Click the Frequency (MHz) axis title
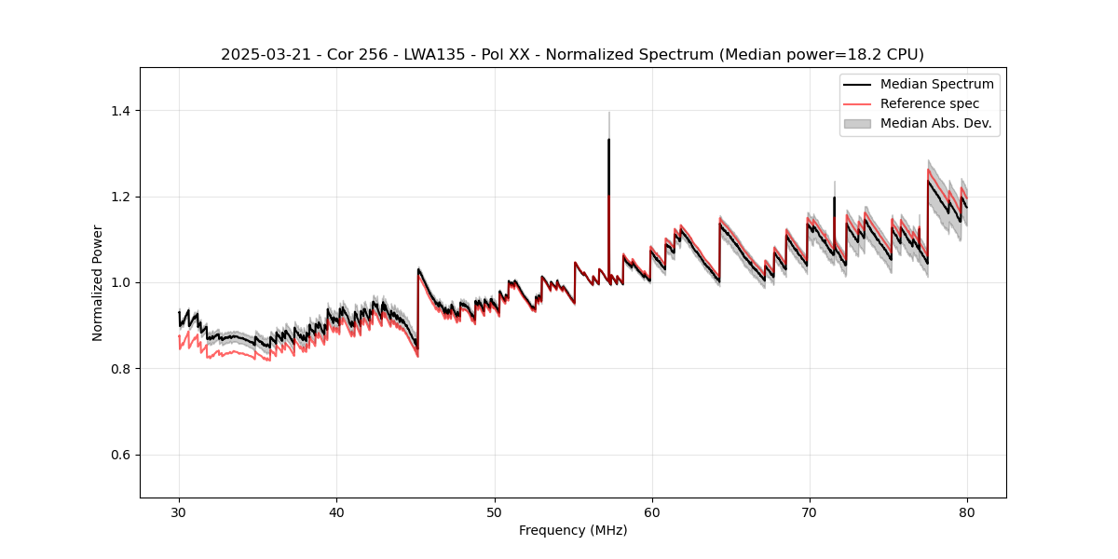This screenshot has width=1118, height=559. coord(573,530)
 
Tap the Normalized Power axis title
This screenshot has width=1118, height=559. coord(98,282)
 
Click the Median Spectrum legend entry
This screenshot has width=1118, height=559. coord(936,84)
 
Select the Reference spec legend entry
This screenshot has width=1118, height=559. coord(929,103)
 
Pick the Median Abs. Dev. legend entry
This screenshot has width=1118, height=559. coord(934,123)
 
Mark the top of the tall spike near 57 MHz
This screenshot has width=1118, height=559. coord(608,140)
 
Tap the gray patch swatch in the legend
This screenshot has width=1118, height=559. coord(857,123)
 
